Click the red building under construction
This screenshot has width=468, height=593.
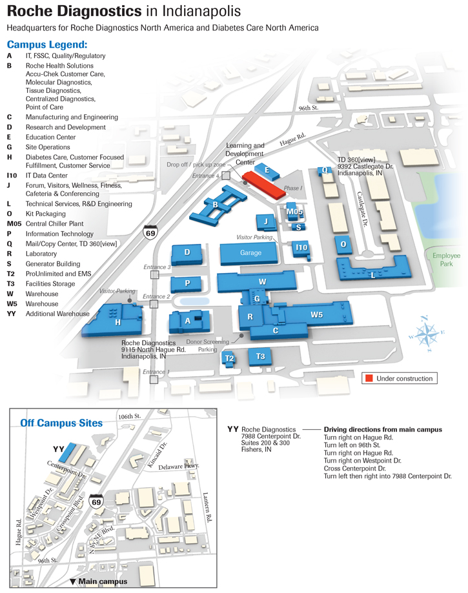(264, 184)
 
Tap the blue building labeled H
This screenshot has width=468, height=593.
(113, 320)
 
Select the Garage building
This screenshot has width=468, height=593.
(249, 254)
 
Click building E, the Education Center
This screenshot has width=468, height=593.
(267, 172)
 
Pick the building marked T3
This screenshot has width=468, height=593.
(260, 357)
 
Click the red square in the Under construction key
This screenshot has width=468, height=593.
(369, 378)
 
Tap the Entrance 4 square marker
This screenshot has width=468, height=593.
(226, 176)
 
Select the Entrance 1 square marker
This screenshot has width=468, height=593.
(154, 379)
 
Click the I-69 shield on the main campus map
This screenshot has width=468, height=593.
(150, 232)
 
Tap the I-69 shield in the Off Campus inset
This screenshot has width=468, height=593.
(96, 501)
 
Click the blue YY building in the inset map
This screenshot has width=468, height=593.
(68, 452)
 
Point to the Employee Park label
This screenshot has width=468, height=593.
(446, 260)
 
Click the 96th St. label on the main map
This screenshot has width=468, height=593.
(309, 108)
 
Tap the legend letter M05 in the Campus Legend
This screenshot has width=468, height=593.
(14, 223)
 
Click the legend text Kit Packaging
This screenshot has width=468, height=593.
(45, 214)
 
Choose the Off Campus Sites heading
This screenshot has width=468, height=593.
(61, 423)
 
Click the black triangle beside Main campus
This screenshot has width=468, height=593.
(73, 581)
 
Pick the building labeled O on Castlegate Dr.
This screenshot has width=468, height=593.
(343, 245)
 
